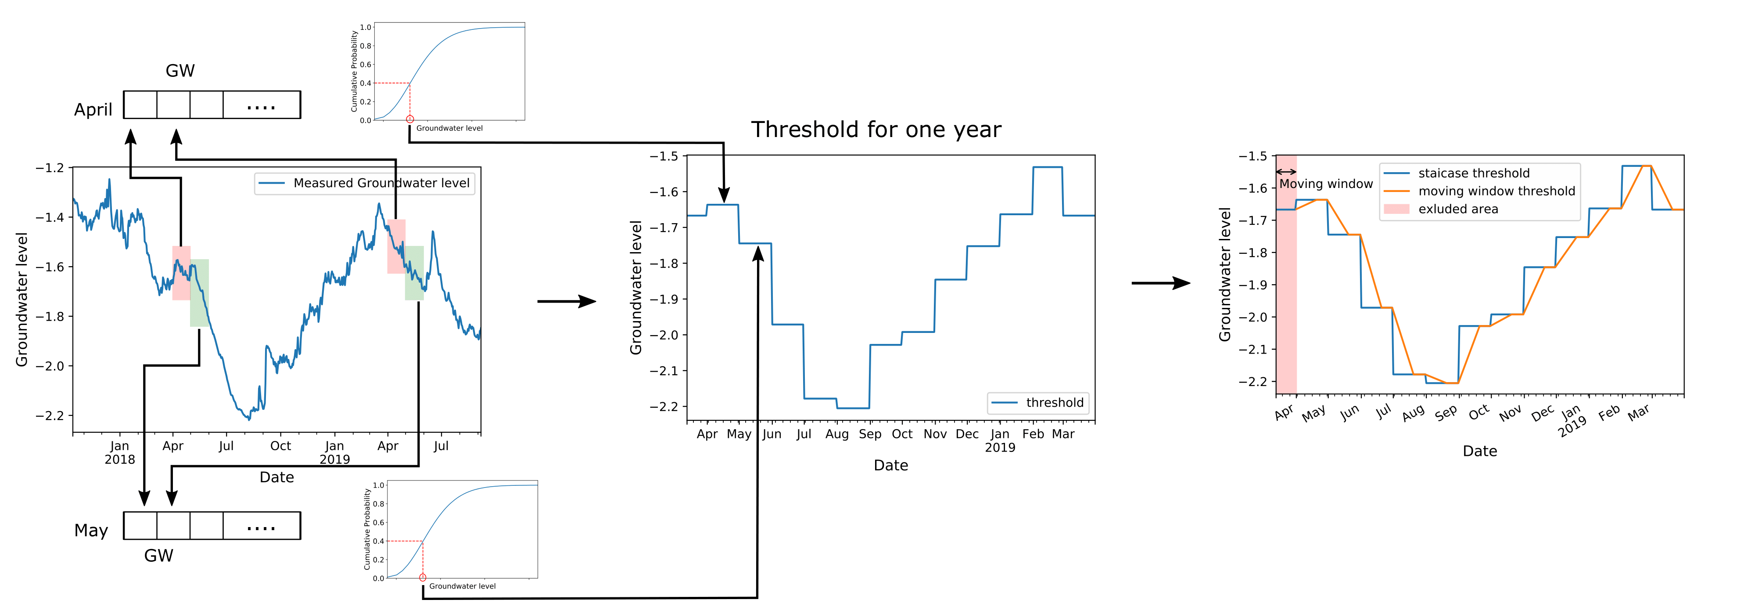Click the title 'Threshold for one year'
tap(876, 130)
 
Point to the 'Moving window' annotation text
tap(1326, 184)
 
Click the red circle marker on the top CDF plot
tap(409, 119)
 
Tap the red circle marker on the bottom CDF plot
tap(423, 577)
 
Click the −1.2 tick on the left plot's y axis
tap(50, 167)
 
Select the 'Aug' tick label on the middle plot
tap(837, 434)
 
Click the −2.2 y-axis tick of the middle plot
tap(664, 406)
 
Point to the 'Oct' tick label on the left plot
tap(280, 446)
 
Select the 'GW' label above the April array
tap(180, 70)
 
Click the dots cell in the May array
tap(261, 526)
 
